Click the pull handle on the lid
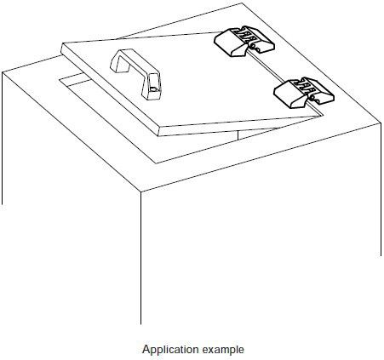[136, 73]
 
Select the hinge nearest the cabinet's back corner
[244, 42]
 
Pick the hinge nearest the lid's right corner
[304, 93]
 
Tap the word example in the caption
[223, 350]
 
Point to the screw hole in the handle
[153, 89]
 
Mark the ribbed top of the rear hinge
[245, 35]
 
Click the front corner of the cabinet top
[141, 192]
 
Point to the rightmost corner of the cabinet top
[381, 123]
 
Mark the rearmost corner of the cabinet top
[242, 3]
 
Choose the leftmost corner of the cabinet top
[3, 72]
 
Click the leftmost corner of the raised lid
[61, 43]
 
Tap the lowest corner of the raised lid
[158, 136]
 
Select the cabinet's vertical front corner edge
[140, 258]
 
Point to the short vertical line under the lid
[238, 135]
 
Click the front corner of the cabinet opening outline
[157, 163]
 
